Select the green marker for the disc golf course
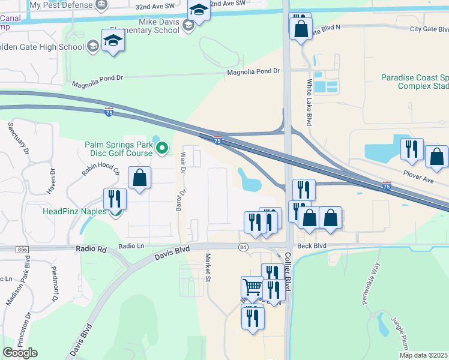click(x=161, y=147)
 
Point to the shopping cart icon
click(x=252, y=287)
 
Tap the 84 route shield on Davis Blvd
click(x=243, y=247)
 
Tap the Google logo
click(x=20, y=353)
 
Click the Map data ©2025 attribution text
click(x=423, y=355)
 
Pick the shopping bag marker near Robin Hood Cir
click(x=139, y=178)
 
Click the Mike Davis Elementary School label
click(x=159, y=25)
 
